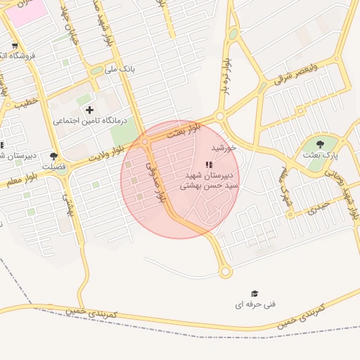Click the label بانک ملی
pos(119,70)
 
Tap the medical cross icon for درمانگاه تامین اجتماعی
pos(89,110)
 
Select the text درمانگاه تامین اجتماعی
pos(89,121)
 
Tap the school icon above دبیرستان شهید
pos(207,165)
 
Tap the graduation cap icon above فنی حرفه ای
pos(255,293)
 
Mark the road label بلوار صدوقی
pos(155,183)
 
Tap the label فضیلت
pos(54,167)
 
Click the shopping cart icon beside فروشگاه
pos(15,46)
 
